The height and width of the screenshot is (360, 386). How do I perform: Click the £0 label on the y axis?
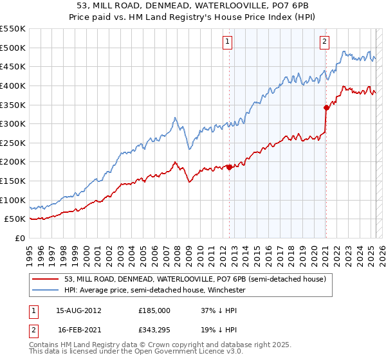point(21,238)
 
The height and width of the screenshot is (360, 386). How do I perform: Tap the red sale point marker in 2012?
point(229,167)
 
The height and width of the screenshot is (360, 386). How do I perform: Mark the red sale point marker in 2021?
point(326,107)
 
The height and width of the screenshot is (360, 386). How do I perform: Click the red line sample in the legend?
point(46,280)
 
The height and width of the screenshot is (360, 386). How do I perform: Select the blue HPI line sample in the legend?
point(46,291)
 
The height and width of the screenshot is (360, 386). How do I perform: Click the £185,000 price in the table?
point(154,310)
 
